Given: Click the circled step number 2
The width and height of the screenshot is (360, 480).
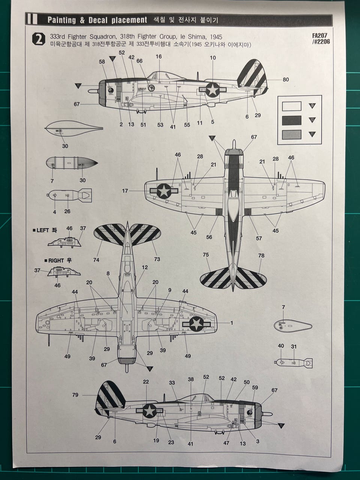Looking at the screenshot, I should [39, 39].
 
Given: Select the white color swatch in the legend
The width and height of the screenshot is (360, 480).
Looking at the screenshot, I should [291, 106].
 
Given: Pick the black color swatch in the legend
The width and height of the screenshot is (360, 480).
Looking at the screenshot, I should [291, 120].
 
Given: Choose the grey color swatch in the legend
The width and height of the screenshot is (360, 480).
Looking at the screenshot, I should [291, 134].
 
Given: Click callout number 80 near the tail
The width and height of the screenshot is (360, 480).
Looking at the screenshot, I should [286, 79].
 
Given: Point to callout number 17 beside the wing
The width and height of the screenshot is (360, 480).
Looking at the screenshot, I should [125, 191].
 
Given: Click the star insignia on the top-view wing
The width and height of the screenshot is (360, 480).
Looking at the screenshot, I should [164, 191].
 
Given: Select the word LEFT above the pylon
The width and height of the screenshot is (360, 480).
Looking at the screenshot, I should [43, 230].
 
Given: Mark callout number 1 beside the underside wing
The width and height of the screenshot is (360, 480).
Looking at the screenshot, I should [231, 322].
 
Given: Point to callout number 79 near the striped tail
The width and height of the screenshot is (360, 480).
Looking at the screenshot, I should [75, 394].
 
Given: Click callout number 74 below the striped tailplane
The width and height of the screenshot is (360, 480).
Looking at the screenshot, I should [96, 259].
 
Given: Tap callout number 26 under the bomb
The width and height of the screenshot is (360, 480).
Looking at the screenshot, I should [67, 211].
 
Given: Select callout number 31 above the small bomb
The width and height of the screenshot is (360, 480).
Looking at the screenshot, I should [294, 346].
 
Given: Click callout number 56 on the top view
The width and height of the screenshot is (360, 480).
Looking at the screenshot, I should [209, 237].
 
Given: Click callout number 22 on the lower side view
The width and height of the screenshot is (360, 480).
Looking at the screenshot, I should [146, 382].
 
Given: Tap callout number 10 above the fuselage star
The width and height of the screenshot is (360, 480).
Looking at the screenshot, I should [213, 58].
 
